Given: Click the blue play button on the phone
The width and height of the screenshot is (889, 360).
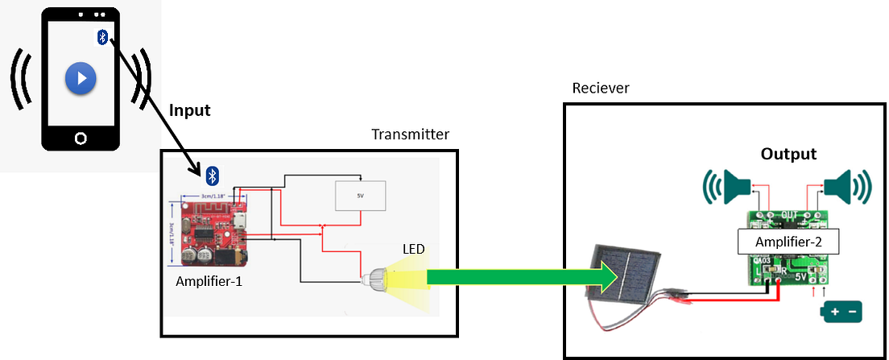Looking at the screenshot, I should [81, 79].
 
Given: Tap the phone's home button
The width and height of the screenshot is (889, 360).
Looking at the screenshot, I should [81, 139].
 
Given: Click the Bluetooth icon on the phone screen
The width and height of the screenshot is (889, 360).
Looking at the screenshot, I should [102, 36].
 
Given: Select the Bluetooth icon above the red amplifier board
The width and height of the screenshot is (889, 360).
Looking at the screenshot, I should [212, 175].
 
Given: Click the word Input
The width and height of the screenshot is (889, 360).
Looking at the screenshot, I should [190, 110].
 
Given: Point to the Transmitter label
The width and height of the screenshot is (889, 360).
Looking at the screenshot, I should [410, 134].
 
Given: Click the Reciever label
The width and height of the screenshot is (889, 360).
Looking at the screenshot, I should [600, 87].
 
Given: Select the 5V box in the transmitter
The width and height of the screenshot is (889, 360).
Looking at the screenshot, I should [360, 196].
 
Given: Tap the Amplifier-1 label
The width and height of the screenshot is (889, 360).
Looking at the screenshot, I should [209, 282].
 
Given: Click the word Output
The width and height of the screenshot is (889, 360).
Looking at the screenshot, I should [788, 154].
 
